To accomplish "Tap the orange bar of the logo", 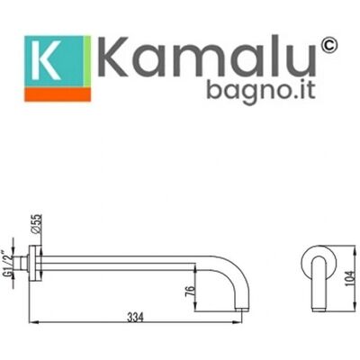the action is point(58,94).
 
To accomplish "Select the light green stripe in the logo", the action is point(87,61).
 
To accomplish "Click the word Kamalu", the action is point(206,57).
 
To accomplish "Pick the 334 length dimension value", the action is point(135,318).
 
